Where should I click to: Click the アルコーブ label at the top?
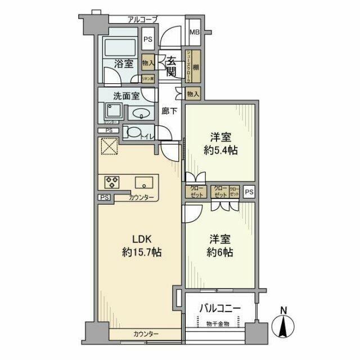142,20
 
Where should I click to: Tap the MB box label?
193,31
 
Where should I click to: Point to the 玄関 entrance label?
172,65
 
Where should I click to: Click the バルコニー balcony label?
220,308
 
